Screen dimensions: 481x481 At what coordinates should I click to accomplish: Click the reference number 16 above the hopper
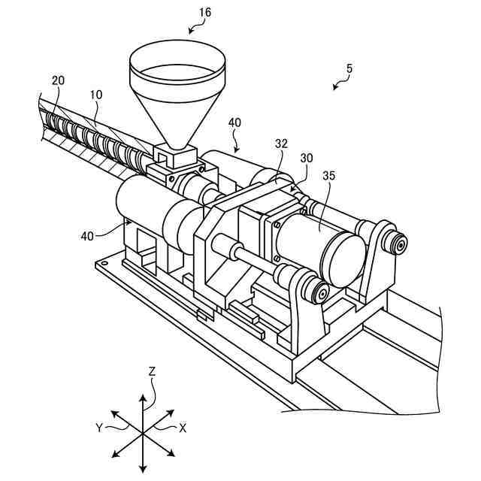[204, 13]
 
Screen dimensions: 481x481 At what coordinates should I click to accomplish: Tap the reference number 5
[349, 68]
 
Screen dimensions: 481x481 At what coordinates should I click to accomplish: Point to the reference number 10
[96, 95]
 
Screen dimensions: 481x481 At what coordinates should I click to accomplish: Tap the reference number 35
[328, 177]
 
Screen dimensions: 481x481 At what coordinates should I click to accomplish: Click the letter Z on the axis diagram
[152, 371]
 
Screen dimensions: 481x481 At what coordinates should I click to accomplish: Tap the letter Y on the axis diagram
[98, 427]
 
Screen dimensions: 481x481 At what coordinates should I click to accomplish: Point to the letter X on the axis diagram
[183, 427]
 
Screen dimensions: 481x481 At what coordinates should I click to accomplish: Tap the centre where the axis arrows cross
[142, 434]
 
